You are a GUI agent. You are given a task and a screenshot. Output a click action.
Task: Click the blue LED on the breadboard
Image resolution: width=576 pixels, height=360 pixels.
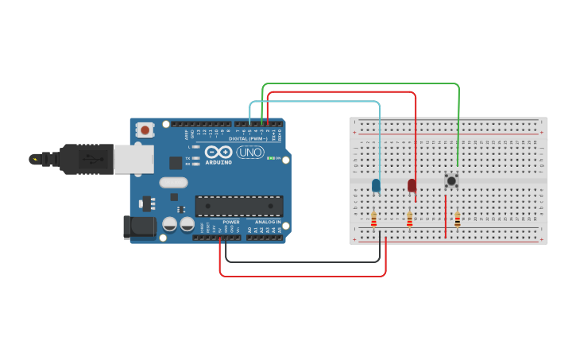tap(376, 185)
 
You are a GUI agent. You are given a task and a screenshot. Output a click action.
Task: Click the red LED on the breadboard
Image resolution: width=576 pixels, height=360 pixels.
tap(412, 185)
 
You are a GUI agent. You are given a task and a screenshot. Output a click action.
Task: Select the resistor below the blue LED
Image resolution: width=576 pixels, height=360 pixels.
tap(373, 219)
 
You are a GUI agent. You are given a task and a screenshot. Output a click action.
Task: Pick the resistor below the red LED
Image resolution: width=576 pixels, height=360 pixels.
tap(409, 219)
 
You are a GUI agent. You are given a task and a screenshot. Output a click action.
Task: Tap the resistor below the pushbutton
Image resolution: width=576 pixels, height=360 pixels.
tap(457, 219)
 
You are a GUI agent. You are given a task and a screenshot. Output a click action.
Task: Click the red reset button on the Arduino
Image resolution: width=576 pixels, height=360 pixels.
tap(145, 129)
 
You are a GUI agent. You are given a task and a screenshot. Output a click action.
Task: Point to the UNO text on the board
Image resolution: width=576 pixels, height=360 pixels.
tap(250, 152)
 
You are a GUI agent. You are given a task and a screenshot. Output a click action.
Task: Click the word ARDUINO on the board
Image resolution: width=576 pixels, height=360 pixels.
tap(218, 162)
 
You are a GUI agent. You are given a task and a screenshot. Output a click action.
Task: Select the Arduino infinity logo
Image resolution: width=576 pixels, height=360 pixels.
tap(218, 152)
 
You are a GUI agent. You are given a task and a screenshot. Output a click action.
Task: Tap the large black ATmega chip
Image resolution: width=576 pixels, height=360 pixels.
tap(239, 206)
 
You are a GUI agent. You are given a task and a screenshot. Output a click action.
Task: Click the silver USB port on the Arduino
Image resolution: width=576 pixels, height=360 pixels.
tap(133, 159)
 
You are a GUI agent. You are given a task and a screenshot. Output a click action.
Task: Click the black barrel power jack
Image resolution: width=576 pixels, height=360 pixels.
tap(140, 226)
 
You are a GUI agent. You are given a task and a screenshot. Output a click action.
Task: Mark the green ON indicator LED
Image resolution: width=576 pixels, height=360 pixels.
tap(271, 158)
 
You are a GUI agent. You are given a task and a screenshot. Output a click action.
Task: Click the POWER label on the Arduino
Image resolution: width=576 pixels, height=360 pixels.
tap(231, 222)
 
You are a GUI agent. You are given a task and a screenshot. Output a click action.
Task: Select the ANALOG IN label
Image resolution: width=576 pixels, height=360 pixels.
tap(268, 222)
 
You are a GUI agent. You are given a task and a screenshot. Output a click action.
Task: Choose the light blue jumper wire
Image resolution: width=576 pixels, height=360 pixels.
tap(318, 102)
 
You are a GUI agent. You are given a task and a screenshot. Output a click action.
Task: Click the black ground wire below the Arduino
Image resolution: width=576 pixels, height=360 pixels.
tap(302, 261)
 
